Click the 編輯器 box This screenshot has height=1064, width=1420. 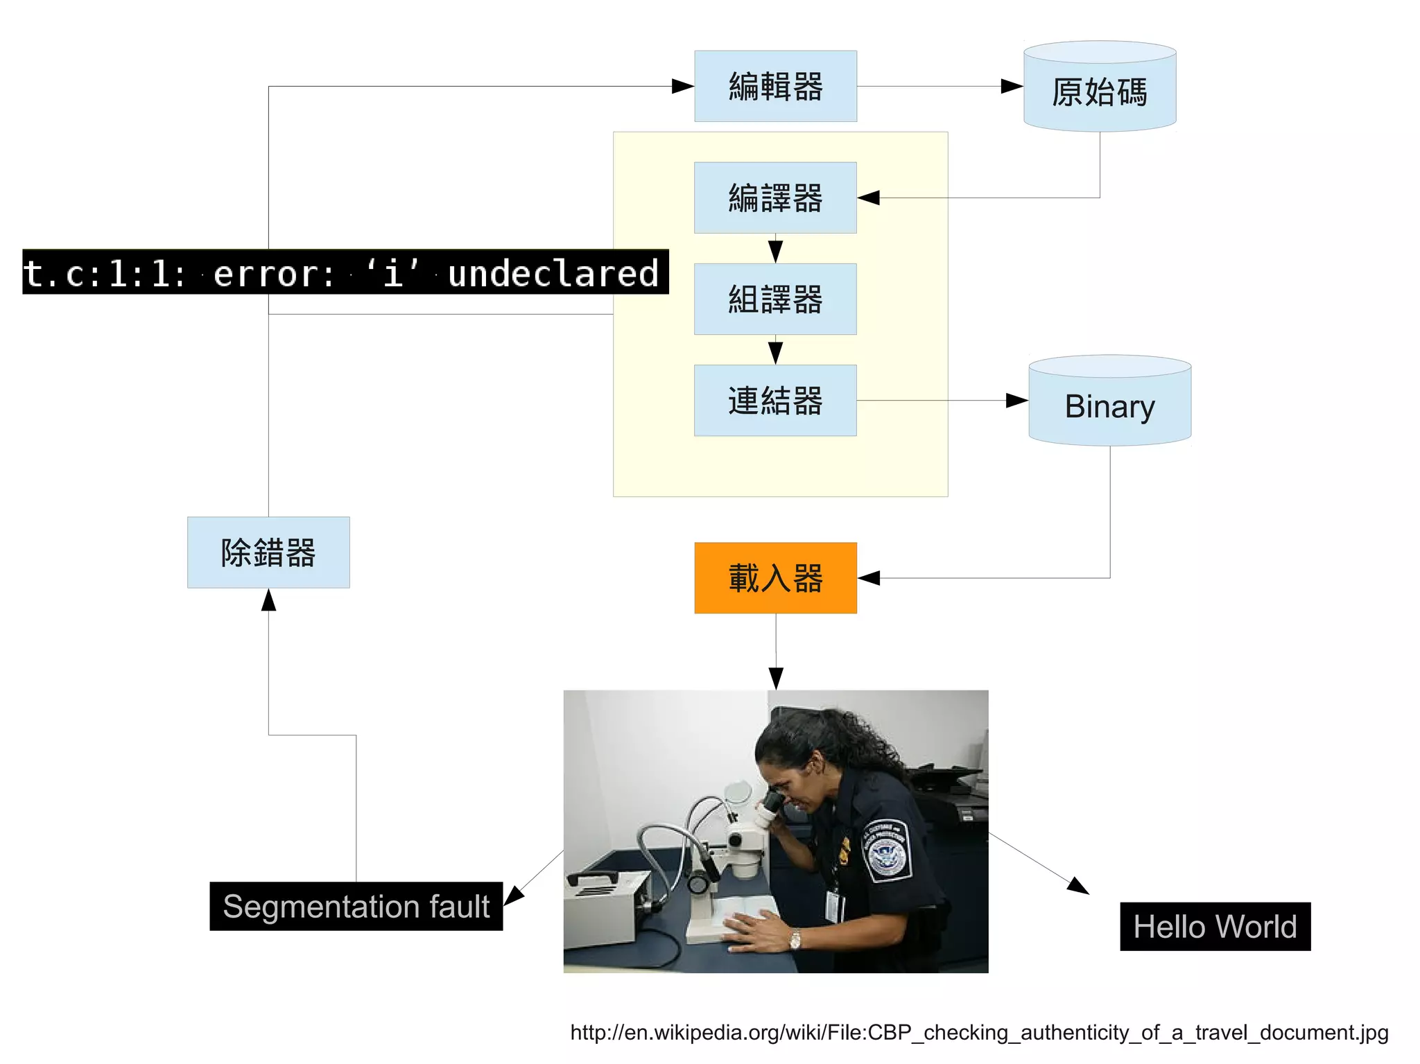[775, 87]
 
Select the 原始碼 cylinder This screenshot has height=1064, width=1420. [1100, 91]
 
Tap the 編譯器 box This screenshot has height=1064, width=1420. [775, 198]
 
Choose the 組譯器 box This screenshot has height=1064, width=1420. [775, 299]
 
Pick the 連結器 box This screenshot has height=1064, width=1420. [775, 401]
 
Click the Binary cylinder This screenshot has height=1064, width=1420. [1109, 405]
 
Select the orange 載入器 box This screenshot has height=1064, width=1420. [775, 578]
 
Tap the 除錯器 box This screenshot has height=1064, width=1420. [268, 552]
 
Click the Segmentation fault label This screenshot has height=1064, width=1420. [356, 906]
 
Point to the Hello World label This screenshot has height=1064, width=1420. [1215, 927]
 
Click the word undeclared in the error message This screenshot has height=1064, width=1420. [553, 273]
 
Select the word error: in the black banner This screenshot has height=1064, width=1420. [274, 273]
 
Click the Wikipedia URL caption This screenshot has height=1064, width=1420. [979, 1032]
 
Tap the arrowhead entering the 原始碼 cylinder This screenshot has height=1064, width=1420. [1012, 87]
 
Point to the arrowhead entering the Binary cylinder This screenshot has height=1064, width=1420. [1016, 401]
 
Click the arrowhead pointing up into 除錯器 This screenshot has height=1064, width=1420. [268, 600]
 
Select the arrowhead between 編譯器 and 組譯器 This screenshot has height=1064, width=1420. [775, 251]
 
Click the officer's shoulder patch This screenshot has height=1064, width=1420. [885, 850]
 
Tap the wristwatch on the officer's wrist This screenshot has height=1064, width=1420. [795, 939]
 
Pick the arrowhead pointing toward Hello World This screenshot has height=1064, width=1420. [1078, 886]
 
